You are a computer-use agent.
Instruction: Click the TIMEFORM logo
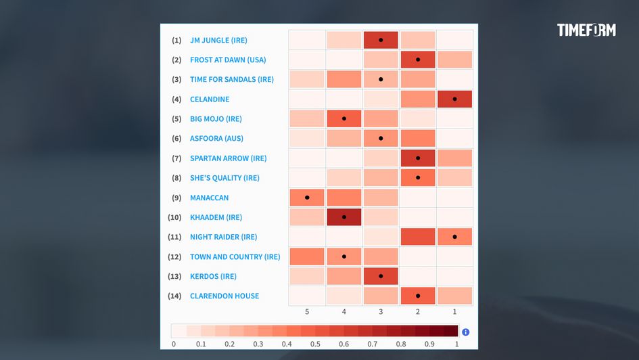[x=586, y=30]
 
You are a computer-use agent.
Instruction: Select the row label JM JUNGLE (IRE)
[x=218, y=40]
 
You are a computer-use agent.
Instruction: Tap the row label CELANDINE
[x=210, y=99]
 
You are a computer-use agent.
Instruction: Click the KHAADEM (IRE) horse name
[x=216, y=217]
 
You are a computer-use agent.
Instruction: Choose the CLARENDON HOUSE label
[x=224, y=296]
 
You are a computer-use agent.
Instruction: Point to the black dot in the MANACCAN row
[x=307, y=198]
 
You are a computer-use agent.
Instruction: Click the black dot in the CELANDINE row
[x=454, y=99]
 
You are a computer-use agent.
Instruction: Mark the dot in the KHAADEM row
[x=344, y=217]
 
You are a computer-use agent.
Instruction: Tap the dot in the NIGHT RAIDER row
[x=454, y=237]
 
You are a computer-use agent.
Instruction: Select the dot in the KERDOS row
[x=381, y=276]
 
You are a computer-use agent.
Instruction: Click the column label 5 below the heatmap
[x=307, y=312]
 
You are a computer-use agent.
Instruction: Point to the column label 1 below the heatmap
[x=454, y=312]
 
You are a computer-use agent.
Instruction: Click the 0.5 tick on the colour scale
[x=315, y=344]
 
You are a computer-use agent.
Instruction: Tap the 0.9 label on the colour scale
[x=429, y=344]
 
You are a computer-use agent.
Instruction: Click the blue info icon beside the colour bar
[x=465, y=332]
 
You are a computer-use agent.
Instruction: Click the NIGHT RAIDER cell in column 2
[x=418, y=237]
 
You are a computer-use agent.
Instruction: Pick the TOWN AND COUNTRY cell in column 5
[x=307, y=256]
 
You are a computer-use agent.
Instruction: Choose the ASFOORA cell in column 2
[x=418, y=139]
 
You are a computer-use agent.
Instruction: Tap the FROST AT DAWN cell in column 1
[x=454, y=60]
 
